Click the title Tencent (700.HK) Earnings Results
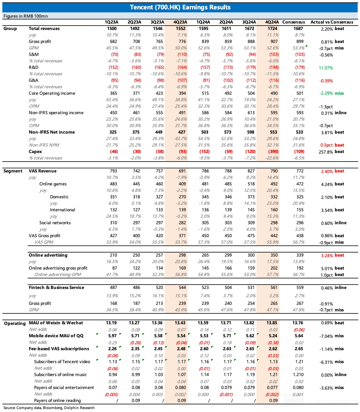tap(180, 7)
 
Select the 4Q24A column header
tap(272, 22)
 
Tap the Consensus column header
tap(294, 22)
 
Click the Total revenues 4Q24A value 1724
tap(272, 29)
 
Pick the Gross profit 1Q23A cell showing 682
tap(113, 41)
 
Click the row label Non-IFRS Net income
tap(52, 132)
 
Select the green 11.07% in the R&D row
tap(326, 68)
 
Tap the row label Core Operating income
tap(52, 93)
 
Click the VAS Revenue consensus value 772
tap(300, 171)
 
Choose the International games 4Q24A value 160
tap(274, 210)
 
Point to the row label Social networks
tap(55, 223)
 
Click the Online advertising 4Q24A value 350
tap(274, 255)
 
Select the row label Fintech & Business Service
tap(56, 288)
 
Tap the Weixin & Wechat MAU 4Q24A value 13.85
tap(272, 323)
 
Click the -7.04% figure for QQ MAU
tap(326, 336)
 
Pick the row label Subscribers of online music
tap(60, 375)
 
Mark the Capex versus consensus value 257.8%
tap(326, 152)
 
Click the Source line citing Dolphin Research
tap(49, 408)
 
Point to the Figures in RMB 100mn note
tap(26, 16)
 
